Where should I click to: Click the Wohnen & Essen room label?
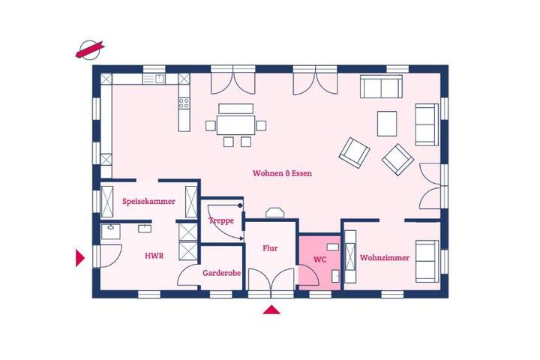(282, 173)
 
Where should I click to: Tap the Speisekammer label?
(148, 201)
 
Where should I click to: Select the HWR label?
(154, 256)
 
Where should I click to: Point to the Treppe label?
(221, 220)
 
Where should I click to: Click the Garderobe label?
(221, 273)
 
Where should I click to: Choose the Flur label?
(270, 248)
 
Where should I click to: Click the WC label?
(320, 259)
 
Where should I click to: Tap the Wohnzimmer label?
(385, 258)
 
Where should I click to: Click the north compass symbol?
(89, 49)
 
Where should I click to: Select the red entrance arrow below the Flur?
(271, 310)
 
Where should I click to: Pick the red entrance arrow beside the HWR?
(80, 258)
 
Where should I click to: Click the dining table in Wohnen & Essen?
(236, 125)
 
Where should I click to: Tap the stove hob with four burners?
(184, 103)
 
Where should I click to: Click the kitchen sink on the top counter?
(154, 79)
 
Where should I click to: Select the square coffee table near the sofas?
(387, 124)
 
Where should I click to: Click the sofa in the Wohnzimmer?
(427, 261)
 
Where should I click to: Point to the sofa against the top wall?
(381, 86)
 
